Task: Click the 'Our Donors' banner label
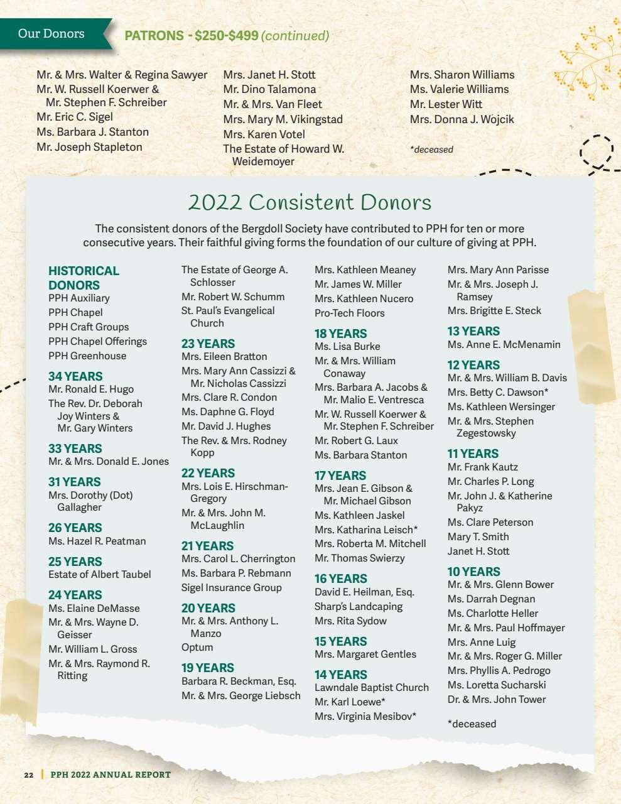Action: click(51, 33)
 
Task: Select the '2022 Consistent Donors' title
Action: click(310, 202)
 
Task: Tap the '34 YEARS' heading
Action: click(75, 376)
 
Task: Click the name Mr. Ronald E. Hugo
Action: click(91, 389)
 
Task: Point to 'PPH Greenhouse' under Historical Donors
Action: click(87, 356)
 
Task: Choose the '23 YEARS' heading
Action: click(208, 344)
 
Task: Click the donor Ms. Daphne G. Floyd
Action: click(228, 412)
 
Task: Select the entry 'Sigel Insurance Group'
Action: click(232, 588)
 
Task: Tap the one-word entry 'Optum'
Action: click(197, 648)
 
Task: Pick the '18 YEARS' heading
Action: click(340, 334)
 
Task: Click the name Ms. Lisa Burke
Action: click(347, 347)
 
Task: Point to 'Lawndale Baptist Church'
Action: click(372, 688)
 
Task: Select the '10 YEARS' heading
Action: click(473, 572)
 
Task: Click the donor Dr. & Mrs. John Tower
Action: click(497, 700)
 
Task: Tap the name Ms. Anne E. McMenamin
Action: click(504, 345)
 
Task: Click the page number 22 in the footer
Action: click(29, 774)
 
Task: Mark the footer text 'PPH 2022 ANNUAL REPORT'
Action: click(111, 774)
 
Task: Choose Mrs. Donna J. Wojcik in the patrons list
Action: click(462, 119)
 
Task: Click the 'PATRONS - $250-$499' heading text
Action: click(192, 36)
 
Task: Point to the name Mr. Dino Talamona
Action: click(269, 90)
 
